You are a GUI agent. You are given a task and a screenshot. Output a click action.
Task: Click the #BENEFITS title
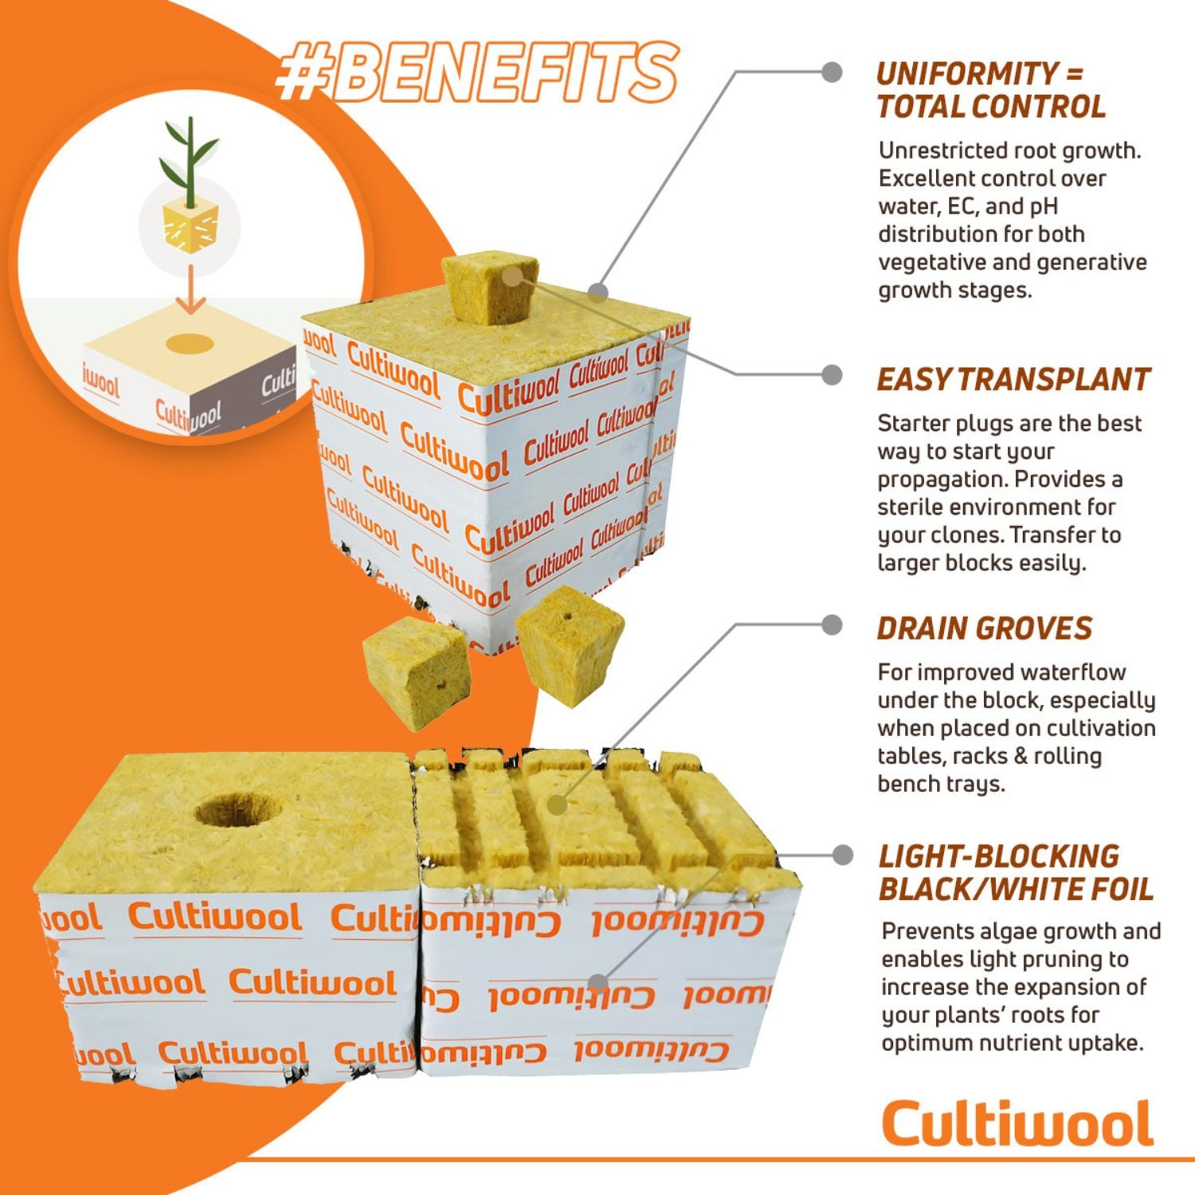coord(476,72)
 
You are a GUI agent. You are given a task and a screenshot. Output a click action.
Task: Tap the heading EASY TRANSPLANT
coord(1013,380)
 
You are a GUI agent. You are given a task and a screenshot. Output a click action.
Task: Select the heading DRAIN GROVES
coord(985,629)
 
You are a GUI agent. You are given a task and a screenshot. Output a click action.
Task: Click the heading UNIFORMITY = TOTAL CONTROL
coord(990,90)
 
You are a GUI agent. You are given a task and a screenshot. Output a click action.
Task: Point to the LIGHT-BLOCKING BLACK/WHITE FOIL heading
coord(1016,872)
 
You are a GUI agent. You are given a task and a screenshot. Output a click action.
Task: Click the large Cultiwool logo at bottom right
coord(1017,1123)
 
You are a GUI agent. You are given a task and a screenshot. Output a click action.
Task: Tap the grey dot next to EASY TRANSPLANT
coord(832,375)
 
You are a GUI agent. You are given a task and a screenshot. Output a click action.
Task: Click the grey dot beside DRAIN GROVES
coord(832,625)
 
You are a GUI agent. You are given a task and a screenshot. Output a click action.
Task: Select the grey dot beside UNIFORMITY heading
coord(832,72)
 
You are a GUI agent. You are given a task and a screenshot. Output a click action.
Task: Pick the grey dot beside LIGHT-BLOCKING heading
coord(842,856)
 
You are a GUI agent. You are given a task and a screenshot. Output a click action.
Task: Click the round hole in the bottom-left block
coord(238,810)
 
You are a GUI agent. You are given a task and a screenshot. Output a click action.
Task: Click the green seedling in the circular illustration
coord(189,159)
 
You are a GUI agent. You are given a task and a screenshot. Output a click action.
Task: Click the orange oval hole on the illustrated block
coord(190,344)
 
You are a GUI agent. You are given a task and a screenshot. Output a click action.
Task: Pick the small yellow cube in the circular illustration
coord(190,226)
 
